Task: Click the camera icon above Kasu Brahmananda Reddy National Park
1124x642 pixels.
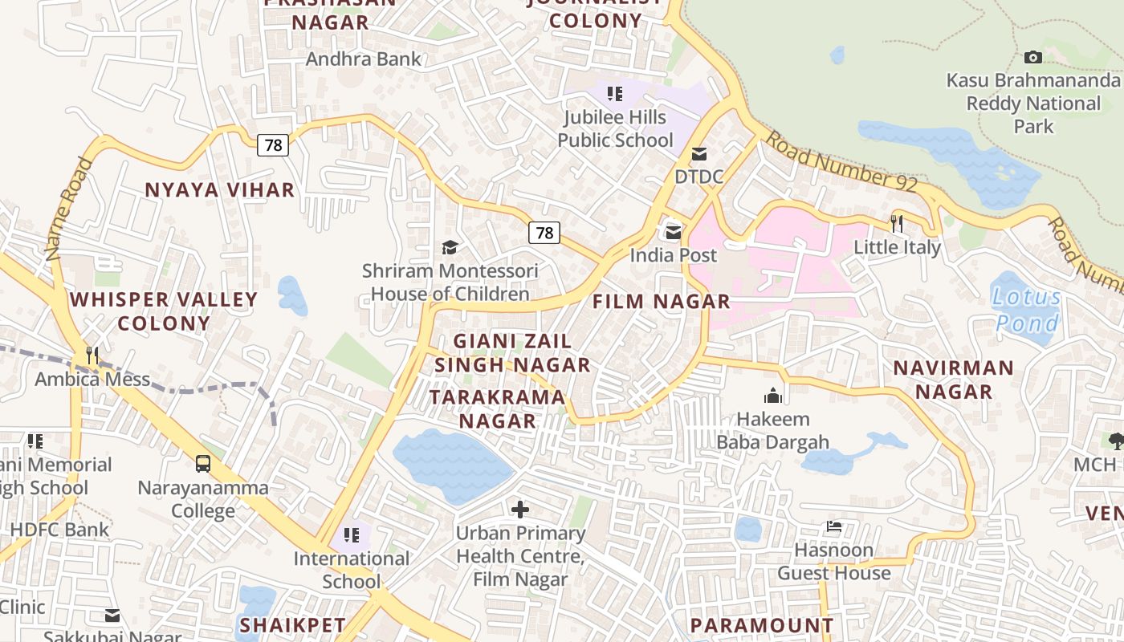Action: click(x=1033, y=57)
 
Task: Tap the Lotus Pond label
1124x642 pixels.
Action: click(x=1027, y=310)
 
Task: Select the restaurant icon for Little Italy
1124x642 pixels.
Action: click(x=897, y=222)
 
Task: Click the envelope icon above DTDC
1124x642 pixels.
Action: click(x=699, y=153)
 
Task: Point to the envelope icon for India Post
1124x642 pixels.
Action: click(x=673, y=232)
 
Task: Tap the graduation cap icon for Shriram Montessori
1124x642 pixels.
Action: click(x=450, y=247)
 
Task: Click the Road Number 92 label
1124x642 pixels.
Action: click(x=841, y=163)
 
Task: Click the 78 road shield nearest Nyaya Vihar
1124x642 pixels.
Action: click(x=273, y=145)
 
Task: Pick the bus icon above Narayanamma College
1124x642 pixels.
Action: click(x=203, y=463)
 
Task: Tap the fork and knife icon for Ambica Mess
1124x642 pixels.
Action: click(x=92, y=355)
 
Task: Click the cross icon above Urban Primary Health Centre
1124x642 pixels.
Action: click(x=520, y=509)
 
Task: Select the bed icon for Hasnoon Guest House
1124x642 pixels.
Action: click(x=834, y=526)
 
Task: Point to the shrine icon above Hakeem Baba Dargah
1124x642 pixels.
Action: click(x=773, y=395)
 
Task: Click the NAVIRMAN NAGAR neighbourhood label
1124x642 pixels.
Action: click(x=954, y=380)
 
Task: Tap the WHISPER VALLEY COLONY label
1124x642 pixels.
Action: click(x=164, y=311)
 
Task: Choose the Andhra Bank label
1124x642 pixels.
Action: click(x=364, y=59)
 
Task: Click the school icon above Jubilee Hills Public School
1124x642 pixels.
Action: click(x=615, y=94)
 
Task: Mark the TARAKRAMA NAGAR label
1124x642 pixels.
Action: click(x=497, y=408)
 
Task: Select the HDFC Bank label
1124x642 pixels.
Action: click(x=59, y=530)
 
